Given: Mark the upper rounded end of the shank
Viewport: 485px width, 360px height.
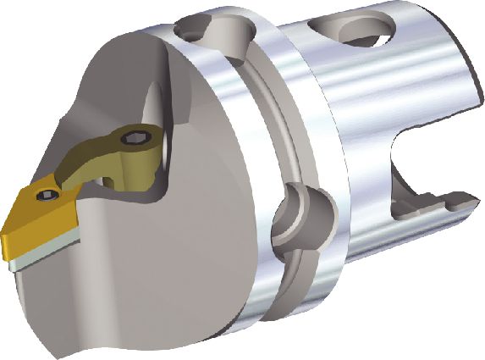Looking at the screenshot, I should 457,51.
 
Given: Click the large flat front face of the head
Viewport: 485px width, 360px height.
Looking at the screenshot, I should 169,254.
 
